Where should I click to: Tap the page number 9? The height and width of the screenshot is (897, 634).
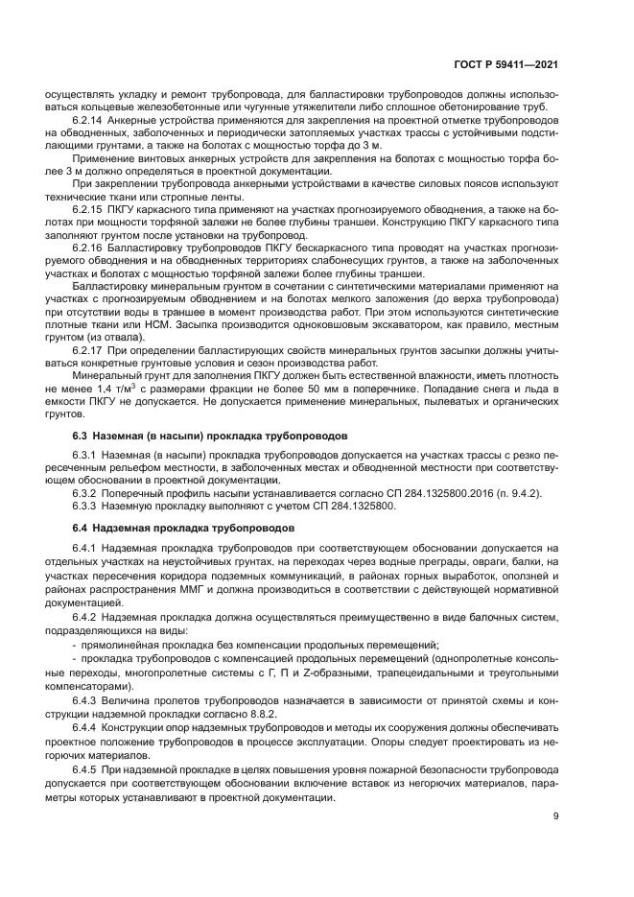[557, 816]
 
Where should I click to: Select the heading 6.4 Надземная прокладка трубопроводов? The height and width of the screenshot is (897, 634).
[171, 528]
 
